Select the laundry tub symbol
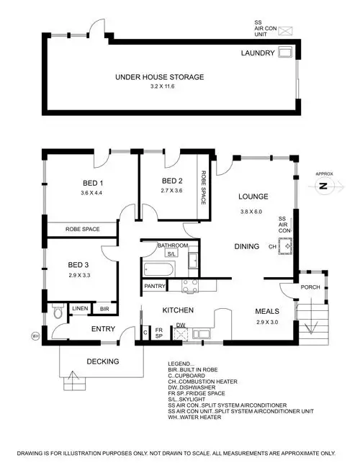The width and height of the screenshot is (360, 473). pos(285,53)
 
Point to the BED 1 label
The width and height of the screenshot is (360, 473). pos(93,182)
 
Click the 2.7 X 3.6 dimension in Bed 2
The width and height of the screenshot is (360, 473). pos(173,191)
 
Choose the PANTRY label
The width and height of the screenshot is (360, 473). pos(156,286)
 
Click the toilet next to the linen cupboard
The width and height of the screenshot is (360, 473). pos(59,313)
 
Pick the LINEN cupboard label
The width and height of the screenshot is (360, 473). pos(79,309)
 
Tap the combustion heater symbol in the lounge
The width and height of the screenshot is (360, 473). pos(289,246)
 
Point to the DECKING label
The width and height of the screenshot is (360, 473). pos(102,361)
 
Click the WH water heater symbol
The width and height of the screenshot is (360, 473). pos(35,335)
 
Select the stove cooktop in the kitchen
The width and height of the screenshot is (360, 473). pos(190,285)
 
